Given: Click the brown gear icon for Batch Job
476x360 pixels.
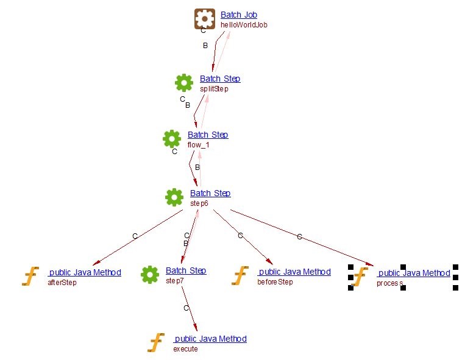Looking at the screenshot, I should click(x=205, y=19).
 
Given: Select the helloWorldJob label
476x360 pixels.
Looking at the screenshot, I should click(x=244, y=25).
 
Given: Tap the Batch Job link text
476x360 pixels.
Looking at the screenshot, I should click(x=240, y=15).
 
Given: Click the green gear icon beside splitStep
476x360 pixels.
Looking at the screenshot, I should click(x=184, y=82).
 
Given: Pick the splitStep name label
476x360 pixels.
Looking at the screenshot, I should click(x=214, y=89).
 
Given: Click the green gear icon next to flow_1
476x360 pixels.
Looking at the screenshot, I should click(x=172, y=138).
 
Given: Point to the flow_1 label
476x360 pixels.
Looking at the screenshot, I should click(x=198, y=145).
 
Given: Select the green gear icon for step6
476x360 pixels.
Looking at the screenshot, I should click(x=174, y=197).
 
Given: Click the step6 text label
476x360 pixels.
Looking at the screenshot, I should click(x=199, y=203).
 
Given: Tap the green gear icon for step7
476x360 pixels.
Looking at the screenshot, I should click(x=150, y=274).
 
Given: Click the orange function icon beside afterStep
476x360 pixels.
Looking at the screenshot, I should click(x=30, y=276).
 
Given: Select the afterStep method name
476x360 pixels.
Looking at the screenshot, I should click(x=62, y=282).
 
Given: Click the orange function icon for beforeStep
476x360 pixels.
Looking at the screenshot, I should click(x=240, y=275).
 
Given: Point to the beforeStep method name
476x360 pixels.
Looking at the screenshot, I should click(x=275, y=282).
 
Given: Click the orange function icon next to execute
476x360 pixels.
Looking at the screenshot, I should click(x=157, y=342).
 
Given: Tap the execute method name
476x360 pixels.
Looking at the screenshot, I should click(x=185, y=349).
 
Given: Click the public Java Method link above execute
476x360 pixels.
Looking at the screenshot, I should click(x=210, y=339).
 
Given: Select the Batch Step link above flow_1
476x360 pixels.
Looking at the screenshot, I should click(x=208, y=135).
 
